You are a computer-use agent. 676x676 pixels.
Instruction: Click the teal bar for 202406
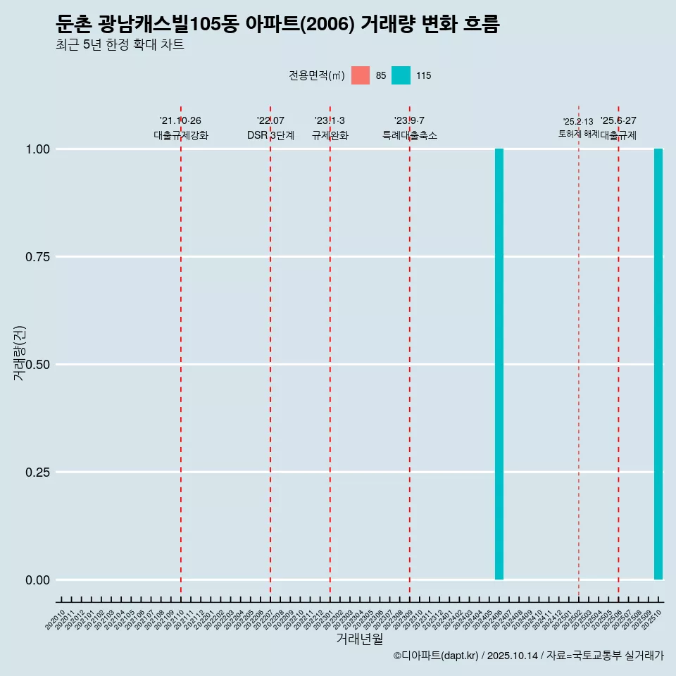tap(499, 364)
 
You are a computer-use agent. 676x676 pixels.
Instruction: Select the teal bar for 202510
tap(658, 364)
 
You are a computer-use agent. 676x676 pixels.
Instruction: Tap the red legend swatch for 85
tap(361, 75)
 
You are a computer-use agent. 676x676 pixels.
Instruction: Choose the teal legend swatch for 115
tap(401, 75)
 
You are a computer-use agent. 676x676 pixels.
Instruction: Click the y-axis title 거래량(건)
tap(20, 353)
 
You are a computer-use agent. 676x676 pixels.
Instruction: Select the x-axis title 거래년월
tap(359, 639)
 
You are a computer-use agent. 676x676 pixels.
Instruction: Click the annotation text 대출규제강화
tap(181, 135)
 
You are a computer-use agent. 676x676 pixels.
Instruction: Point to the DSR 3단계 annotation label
tap(270, 135)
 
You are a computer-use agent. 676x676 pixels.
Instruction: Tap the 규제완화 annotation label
tap(330, 135)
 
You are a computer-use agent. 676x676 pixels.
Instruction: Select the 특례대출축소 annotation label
tap(410, 135)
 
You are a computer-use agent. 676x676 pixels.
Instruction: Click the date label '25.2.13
tap(578, 122)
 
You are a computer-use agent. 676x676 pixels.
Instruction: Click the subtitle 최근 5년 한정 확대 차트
tap(120, 45)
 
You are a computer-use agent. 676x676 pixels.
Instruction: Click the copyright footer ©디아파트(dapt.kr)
tap(435, 656)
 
